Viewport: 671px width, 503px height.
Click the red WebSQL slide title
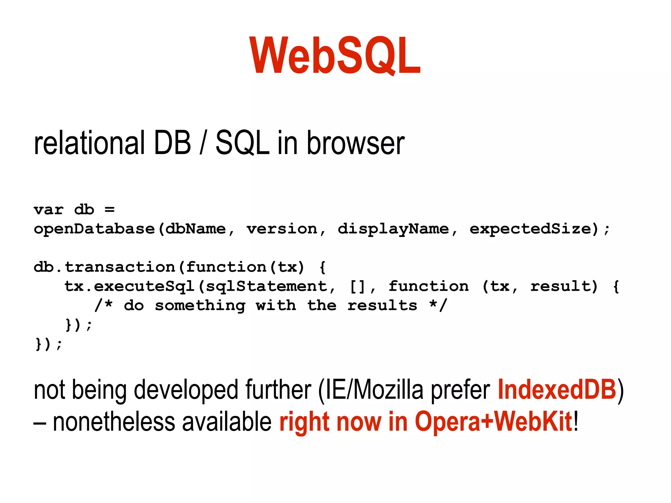click(335, 56)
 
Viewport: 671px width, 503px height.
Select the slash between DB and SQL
click(203, 143)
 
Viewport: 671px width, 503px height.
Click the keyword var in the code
click(48, 210)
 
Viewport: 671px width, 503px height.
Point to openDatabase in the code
click(94, 229)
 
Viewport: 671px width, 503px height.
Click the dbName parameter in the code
click(196, 229)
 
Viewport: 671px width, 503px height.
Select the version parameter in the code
click(282, 229)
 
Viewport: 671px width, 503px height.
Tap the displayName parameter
click(393, 229)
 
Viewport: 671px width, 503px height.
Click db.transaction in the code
click(104, 267)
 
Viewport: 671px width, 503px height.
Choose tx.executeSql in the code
click(129, 286)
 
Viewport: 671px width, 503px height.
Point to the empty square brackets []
click(357, 286)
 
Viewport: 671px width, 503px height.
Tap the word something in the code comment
click(200, 306)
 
